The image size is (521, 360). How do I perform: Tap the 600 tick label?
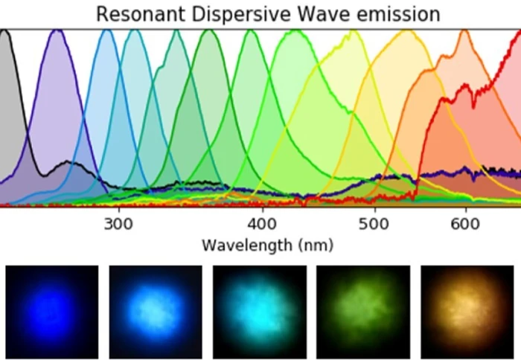click(x=464, y=224)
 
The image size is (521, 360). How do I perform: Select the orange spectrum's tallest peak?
click(x=464, y=31)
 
